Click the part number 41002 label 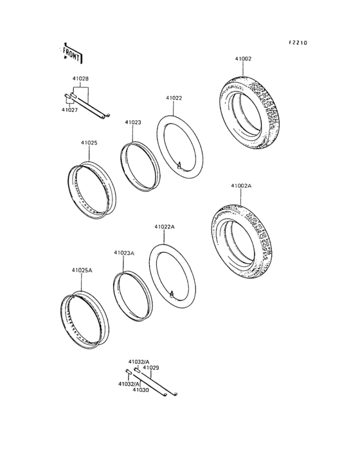242,59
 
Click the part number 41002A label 241,185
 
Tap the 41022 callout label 174,98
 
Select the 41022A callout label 164,226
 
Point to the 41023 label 133,122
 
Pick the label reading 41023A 124,253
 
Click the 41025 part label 89,142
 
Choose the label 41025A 82,270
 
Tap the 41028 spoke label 80,78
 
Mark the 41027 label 69,110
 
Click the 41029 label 150,367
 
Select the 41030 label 141,390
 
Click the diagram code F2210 298,42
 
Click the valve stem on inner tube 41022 179,163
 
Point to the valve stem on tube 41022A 171,293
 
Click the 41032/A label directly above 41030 129,383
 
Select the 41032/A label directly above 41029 139,362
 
